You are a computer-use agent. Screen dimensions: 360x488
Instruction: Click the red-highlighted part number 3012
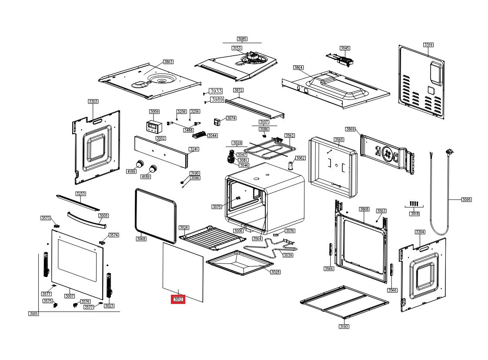point(178,300)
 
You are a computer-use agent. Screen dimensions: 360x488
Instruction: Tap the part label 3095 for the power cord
point(466,200)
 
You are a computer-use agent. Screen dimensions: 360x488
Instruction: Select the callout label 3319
point(428,45)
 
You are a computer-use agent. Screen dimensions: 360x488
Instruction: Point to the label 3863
point(168,62)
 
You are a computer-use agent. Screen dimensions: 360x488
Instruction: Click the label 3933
point(216,91)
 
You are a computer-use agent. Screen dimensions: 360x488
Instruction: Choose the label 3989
point(217,100)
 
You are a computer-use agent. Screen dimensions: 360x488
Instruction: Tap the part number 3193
point(344,326)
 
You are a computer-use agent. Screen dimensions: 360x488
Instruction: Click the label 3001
point(33,313)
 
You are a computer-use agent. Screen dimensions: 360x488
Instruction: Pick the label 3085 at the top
point(242,39)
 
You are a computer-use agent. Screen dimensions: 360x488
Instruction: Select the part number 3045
point(344,48)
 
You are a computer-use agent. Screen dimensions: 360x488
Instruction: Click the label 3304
point(420,232)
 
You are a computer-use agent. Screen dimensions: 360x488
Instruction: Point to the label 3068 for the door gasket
point(141,239)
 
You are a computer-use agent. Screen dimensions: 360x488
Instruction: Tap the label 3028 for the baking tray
point(275,272)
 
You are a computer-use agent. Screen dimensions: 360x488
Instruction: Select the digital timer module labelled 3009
point(154,127)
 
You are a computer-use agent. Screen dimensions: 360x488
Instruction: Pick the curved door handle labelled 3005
point(86,220)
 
